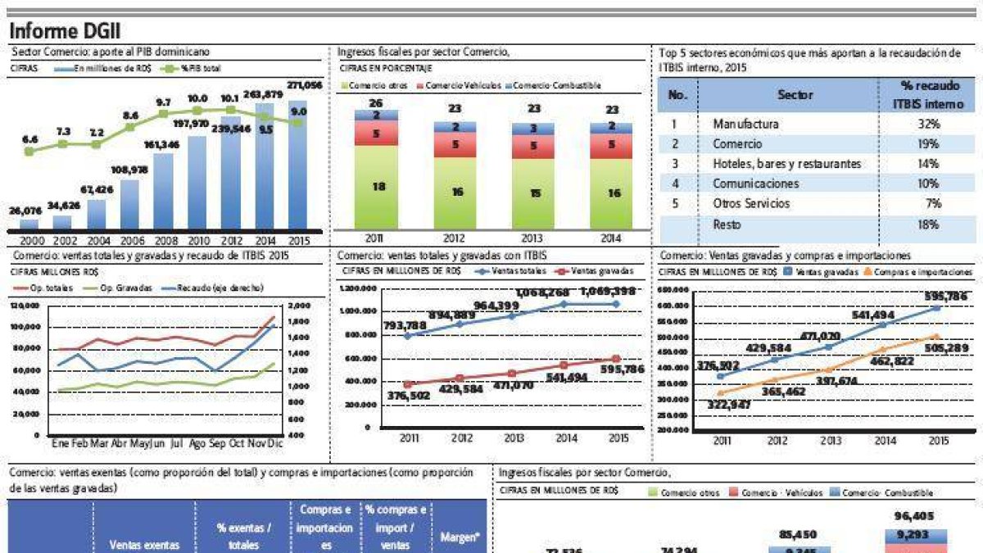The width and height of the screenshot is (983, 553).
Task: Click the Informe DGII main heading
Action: [65, 31]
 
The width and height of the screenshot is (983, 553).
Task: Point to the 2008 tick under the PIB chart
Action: [163, 240]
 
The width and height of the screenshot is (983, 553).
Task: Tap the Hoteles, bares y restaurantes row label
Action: [786, 164]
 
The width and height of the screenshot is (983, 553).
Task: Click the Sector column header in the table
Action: [795, 95]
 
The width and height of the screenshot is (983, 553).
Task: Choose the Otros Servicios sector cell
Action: [751, 203]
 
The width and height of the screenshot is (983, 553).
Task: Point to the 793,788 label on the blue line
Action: [404, 326]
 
